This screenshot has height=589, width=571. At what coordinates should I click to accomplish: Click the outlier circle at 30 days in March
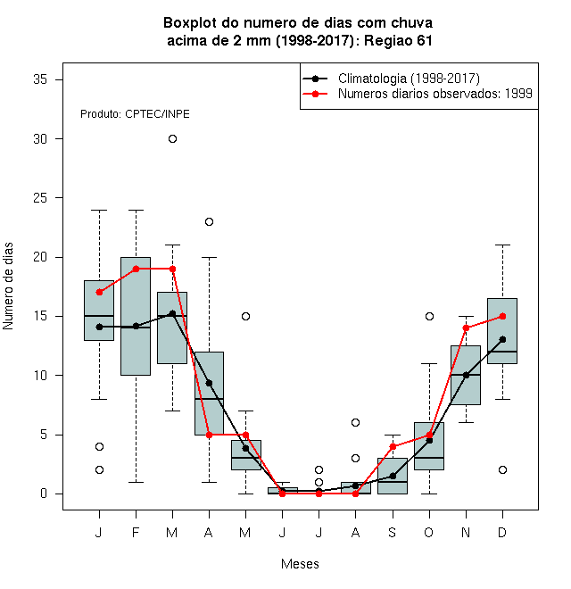(x=172, y=139)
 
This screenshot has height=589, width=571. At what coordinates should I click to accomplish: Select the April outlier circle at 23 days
(x=210, y=221)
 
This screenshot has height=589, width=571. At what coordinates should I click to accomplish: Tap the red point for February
(x=136, y=269)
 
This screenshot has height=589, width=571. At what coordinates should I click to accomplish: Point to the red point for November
(x=466, y=328)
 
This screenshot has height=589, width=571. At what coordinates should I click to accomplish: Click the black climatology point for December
(x=502, y=340)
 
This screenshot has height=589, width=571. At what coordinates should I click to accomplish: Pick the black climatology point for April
(x=210, y=383)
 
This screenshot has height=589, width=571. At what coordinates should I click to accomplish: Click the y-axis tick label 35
(x=40, y=79)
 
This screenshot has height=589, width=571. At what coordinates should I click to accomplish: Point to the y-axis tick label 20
(x=40, y=257)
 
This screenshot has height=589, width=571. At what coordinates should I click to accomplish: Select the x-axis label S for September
(x=393, y=532)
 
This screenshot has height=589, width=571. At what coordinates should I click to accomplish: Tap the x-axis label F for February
(x=136, y=532)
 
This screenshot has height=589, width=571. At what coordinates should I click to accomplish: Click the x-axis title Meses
(x=300, y=564)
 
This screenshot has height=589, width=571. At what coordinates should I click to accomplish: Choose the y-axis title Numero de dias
(x=8, y=286)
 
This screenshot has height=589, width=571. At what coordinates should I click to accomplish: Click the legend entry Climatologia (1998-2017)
(x=409, y=79)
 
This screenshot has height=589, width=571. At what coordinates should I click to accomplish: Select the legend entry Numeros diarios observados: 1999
(x=435, y=94)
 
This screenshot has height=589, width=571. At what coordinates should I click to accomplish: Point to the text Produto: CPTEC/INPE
(x=135, y=114)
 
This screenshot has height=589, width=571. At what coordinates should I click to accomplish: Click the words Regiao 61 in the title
(x=398, y=40)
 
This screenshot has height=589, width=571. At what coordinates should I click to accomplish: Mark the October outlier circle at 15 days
(x=429, y=316)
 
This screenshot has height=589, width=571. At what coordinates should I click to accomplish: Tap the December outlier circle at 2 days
(x=502, y=470)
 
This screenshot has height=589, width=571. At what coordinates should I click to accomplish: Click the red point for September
(x=393, y=446)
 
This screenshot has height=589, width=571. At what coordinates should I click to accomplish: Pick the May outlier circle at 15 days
(x=245, y=316)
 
